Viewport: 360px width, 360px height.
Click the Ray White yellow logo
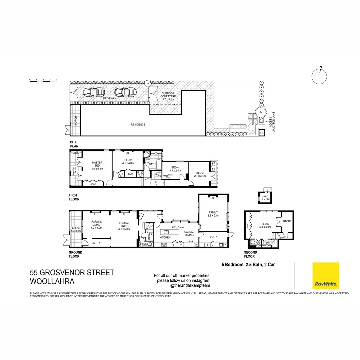click(325, 275)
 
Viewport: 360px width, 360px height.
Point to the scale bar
click(43, 81)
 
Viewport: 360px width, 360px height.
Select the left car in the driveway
click(93, 92)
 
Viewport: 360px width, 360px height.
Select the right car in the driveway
click(124, 92)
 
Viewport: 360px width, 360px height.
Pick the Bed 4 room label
click(175, 169)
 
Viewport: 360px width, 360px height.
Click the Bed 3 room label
click(200, 174)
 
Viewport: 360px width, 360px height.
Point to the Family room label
click(213, 214)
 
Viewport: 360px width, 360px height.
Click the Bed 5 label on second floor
click(266, 225)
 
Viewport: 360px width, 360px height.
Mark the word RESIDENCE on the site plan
click(138, 125)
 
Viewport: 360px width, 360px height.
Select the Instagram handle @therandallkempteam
click(190, 286)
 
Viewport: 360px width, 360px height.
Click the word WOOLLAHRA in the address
click(52, 281)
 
